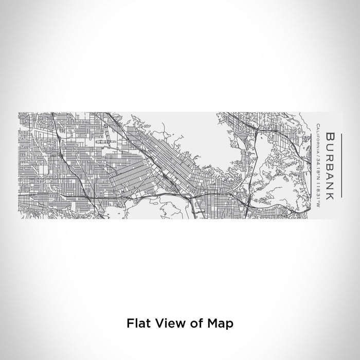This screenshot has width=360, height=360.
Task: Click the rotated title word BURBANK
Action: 330,165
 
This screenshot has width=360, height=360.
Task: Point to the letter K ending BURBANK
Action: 330,194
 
